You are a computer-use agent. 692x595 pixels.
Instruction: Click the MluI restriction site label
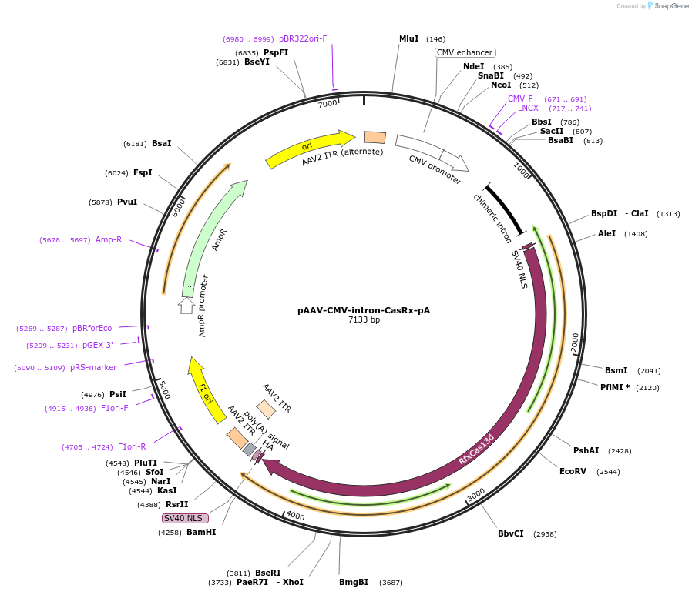408,38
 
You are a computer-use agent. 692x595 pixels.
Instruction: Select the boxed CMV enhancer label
464,52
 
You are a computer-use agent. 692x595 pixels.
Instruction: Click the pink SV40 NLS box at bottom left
185,518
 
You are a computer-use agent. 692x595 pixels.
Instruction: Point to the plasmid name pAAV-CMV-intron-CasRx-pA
364,310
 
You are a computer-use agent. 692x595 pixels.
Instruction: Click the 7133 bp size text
364,320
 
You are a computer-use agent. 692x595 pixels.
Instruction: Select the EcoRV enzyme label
573,471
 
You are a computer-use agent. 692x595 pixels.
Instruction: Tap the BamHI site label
200,532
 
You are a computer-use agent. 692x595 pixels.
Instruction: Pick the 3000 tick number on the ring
476,493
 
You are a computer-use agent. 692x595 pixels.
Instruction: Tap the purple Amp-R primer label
109,239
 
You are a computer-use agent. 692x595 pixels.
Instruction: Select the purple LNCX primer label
528,108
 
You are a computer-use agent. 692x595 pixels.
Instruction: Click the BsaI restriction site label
161,143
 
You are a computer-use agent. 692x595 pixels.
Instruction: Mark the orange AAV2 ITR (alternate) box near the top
375,137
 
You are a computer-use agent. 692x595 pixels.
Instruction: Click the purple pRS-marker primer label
93,367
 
